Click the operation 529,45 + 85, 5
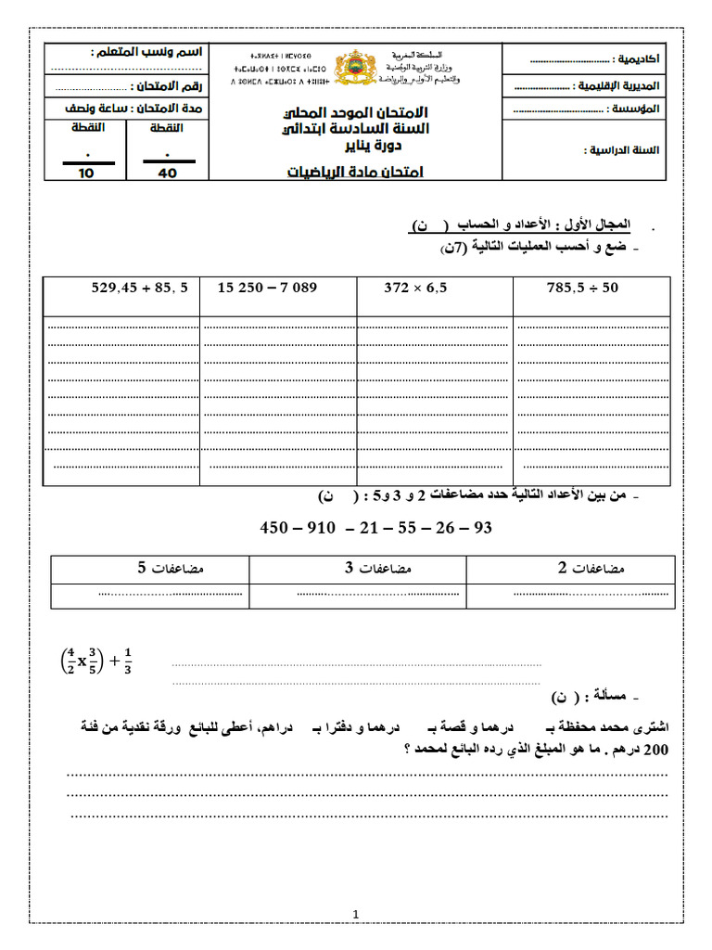[x=139, y=288]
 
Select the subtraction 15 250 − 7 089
[x=267, y=288]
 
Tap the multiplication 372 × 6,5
[x=415, y=289]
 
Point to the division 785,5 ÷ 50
[x=582, y=289]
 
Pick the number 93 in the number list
[x=481, y=527]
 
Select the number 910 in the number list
[x=322, y=527]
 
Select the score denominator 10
[x=86, y=173]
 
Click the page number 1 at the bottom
[x=355, y=915]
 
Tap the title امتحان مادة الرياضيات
[x=356, y=172]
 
